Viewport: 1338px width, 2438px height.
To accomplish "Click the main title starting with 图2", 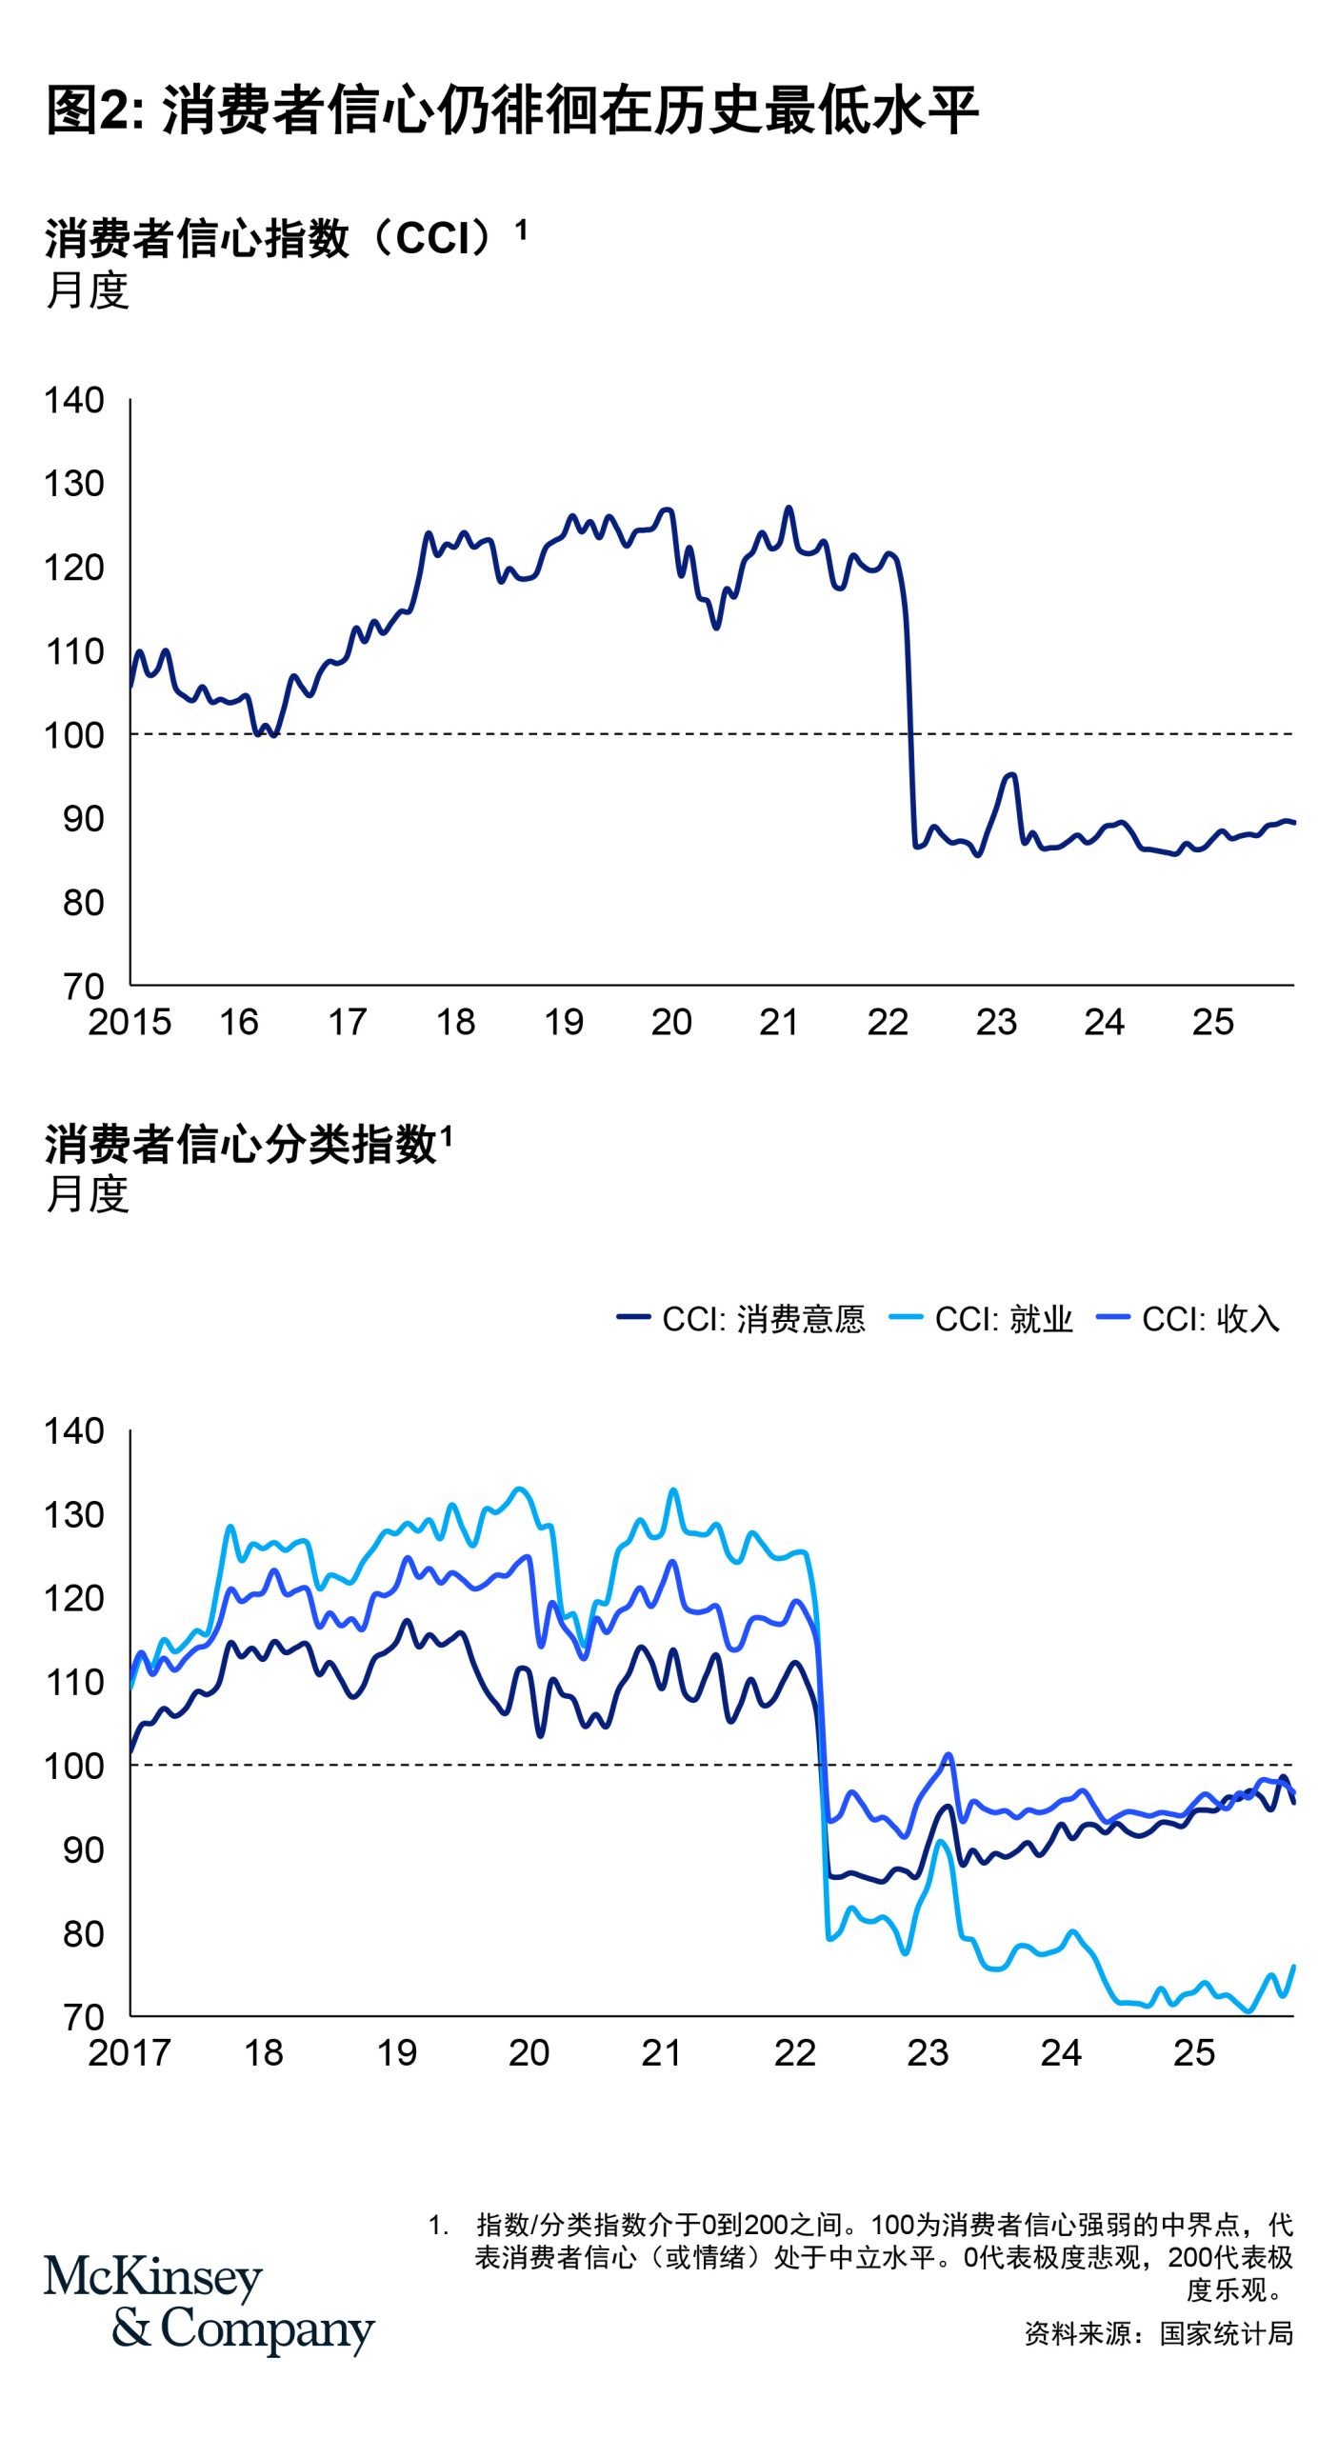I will tap(512, 110).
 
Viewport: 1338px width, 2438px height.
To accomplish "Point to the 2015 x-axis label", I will tap(130, 1023).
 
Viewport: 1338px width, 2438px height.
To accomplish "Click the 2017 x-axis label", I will tap(130, 2053).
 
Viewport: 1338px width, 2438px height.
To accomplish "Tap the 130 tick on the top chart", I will tap(74, 484).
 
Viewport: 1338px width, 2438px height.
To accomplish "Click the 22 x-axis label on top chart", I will tap(888, 1023).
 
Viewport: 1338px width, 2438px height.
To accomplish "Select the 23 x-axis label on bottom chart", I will tap(928, 2053).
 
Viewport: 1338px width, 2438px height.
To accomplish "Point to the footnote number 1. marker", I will tap(438, 2225).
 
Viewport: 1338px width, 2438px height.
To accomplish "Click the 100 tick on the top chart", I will tap(74, 735).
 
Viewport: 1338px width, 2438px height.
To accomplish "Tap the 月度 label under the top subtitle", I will tap(88, 290).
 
